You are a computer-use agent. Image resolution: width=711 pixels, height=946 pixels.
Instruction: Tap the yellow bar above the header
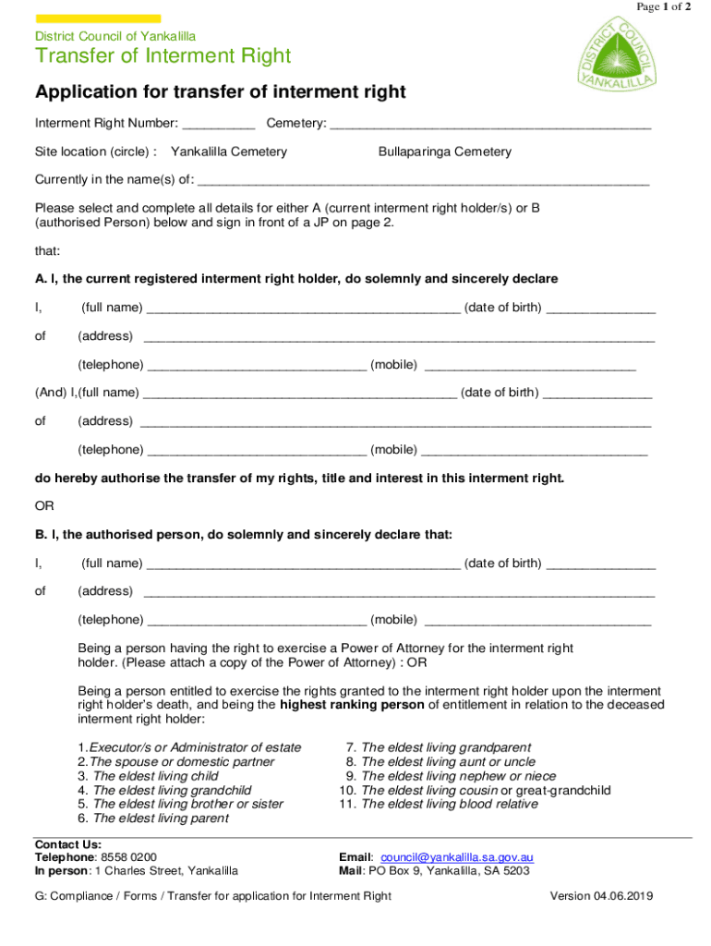pos(98,18)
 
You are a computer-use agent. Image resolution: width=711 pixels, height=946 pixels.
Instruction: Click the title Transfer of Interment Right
pos(163,56)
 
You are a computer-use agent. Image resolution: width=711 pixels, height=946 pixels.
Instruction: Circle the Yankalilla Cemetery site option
pos(229,152)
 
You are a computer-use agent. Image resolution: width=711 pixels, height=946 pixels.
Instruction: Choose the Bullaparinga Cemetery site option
pos(444,152)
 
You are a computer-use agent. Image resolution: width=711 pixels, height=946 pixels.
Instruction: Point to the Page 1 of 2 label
pos(663,7)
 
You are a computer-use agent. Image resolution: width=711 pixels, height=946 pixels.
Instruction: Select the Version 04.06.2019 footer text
pos(602,896)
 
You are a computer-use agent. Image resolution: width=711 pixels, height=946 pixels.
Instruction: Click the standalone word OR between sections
pos(44,506)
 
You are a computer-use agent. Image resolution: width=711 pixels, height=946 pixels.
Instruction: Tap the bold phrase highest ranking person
pos(352,705)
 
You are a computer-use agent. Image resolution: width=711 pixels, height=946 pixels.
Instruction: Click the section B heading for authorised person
pos(244,535)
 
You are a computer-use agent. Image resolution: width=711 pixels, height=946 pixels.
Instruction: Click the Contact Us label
pos(67,844)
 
